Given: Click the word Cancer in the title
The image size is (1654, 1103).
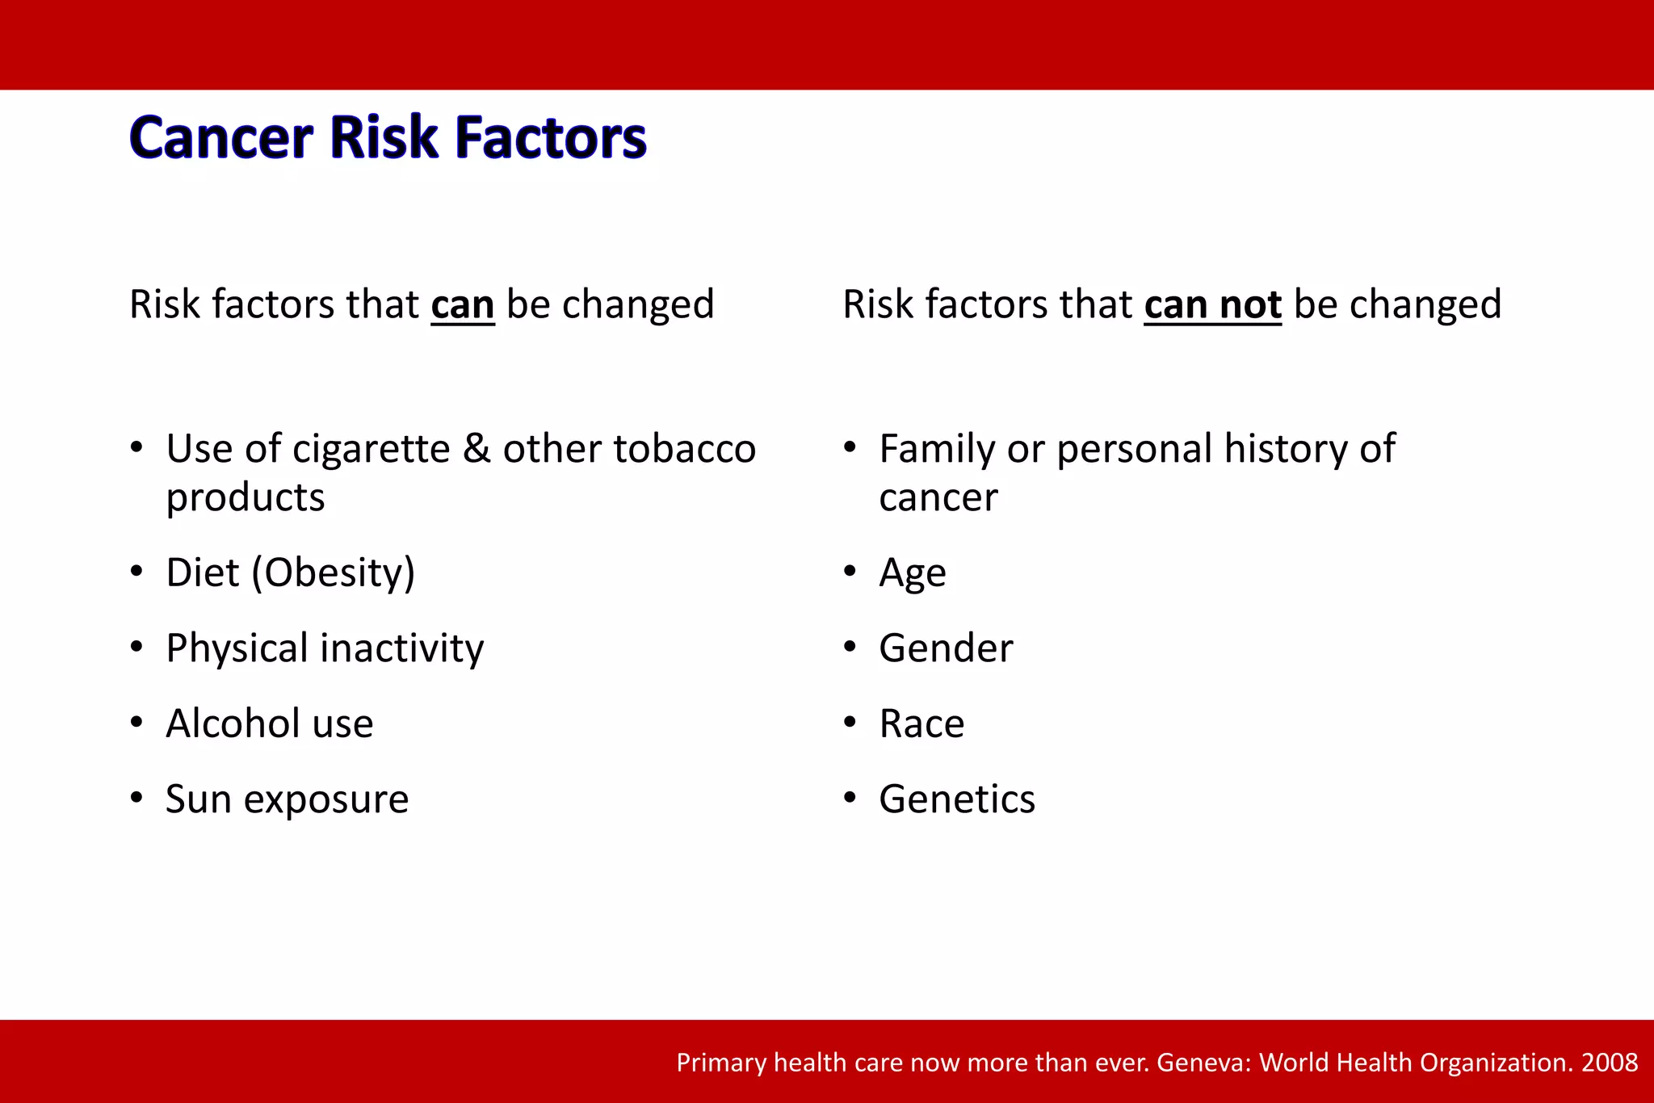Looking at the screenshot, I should point(220,137).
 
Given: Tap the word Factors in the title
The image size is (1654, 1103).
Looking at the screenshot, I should point(551,137).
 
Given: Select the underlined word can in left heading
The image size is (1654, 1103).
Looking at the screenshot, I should point(462,305).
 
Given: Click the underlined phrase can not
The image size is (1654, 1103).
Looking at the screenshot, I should point(1212,305).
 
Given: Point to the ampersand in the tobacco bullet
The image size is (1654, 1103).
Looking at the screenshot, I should point(476,449).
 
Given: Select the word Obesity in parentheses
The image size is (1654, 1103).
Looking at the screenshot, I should point(333,572).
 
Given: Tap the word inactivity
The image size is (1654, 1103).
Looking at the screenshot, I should point(402,648).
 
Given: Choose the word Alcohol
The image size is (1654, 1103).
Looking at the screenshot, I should point(233,723).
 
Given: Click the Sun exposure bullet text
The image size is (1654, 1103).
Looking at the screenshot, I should point(287,799).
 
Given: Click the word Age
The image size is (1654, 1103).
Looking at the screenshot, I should point(912,574).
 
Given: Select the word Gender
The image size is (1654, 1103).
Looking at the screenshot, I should point(946,648).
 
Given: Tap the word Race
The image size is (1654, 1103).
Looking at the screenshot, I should point(921,723).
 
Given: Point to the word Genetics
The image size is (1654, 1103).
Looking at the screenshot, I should point(957,799).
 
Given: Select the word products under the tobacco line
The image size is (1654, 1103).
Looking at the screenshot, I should point(246,498).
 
